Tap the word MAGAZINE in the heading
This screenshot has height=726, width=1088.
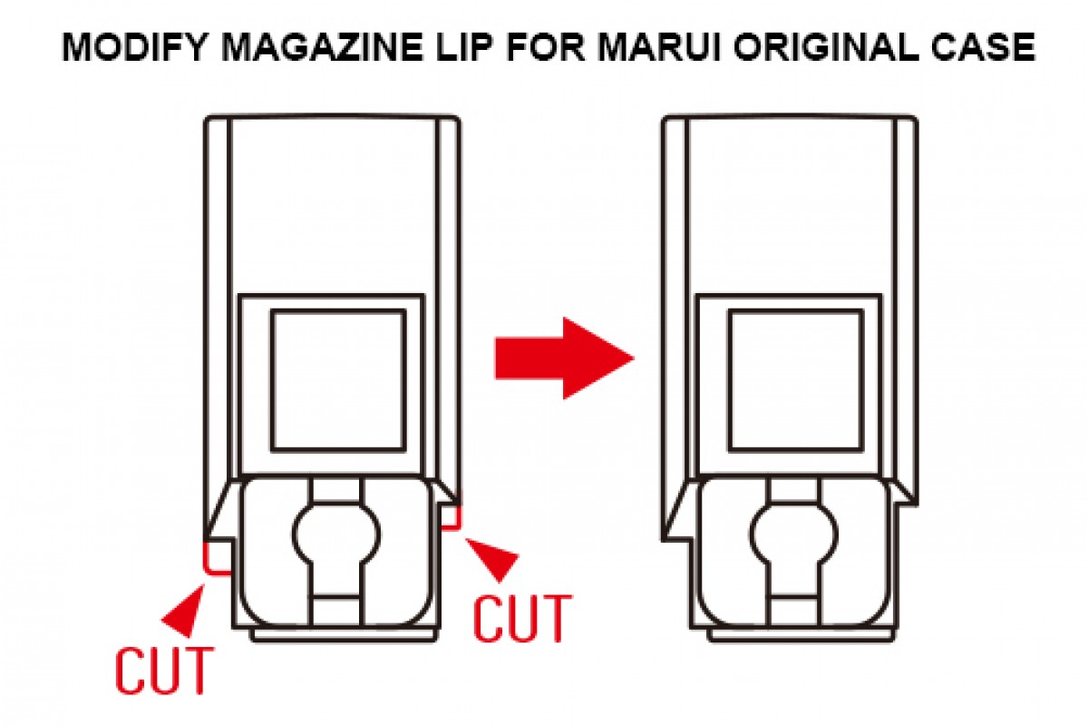point(322,48)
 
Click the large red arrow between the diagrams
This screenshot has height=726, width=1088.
point(564,358)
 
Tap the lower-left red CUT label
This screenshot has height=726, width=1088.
point(164,671)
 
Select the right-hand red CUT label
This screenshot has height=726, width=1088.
point(522,619)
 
